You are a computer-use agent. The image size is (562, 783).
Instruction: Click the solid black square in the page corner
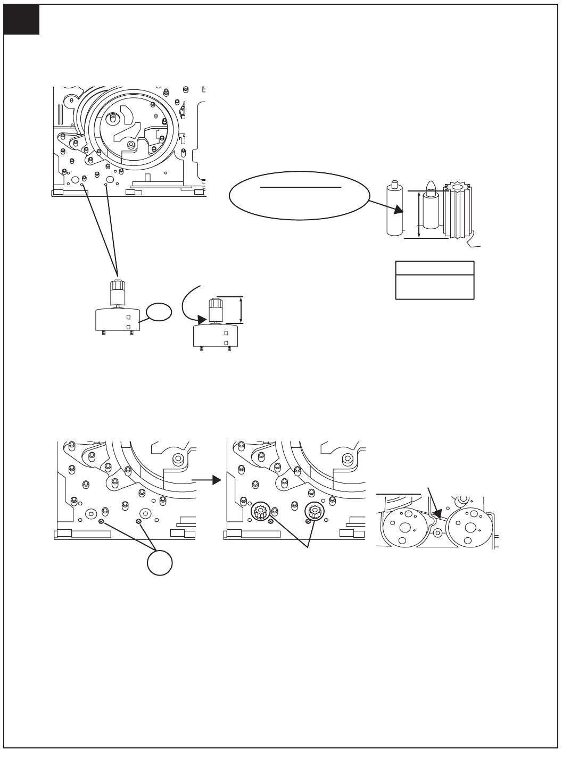[21, 20]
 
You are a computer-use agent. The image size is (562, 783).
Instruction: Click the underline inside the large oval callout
[300, 187]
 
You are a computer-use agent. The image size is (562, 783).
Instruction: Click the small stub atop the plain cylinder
[394, 185]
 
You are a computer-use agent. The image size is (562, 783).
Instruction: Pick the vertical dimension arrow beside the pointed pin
[419, 215]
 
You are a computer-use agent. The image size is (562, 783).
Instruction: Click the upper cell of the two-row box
[435, 268]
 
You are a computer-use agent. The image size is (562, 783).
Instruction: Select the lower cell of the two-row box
[435, 287]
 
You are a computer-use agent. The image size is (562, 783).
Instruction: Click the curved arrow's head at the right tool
[202, 319]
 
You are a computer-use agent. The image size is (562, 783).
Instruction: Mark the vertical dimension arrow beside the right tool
[242, 310]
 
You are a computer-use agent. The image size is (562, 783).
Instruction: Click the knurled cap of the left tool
[117, 293]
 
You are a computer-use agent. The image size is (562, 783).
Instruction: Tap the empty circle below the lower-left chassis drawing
[160, 562]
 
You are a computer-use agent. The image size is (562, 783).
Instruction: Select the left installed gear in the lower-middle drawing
[260, 512]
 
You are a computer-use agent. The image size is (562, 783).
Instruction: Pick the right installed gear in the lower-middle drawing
[314, 512]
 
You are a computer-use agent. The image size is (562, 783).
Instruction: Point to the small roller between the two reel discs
[438, 533]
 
